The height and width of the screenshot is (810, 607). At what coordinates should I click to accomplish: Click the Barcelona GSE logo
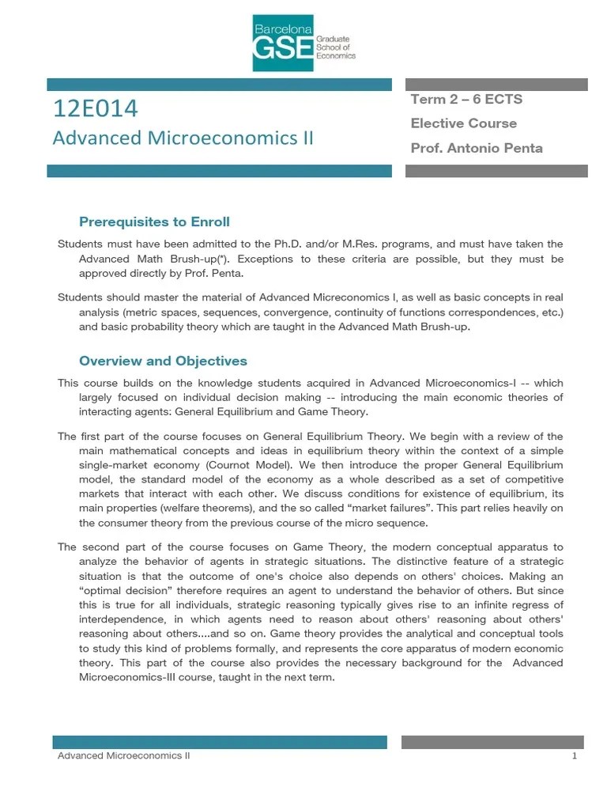pyautogui.click(x=303, y=43)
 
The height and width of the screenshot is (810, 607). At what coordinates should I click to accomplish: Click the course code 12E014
pyautogui.click(x=95, y=108)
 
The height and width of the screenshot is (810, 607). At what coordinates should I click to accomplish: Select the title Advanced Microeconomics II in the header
pyautogui.click(x=183, y=138)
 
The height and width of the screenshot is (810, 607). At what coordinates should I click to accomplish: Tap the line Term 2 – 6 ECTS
pyautogui.click(x=466, y=99)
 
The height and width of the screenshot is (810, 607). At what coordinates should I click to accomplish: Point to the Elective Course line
pyautogui.click(x=463, y=123)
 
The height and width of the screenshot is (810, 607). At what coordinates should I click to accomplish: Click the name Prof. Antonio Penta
pyautogui.click(x=476, y=148)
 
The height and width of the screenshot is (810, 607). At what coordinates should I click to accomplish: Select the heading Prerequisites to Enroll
pyautogui.click(x=154, y=221)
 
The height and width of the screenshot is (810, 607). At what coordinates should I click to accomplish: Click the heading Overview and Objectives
pyautogui.click(x=163, y=361)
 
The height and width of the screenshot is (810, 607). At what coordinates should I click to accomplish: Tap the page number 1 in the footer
pyautogui.click(x=575, y=756)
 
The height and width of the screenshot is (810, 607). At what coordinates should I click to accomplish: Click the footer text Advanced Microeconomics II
pyautogui.click(x=123, y=756)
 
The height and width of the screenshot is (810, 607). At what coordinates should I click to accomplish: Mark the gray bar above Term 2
pyautogui.click(x=496, y=84)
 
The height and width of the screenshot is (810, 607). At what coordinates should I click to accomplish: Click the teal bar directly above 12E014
pyautogui.click(x=220, y=84)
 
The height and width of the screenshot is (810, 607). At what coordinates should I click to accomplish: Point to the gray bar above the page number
pyautogui.click(x=492, y=742)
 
